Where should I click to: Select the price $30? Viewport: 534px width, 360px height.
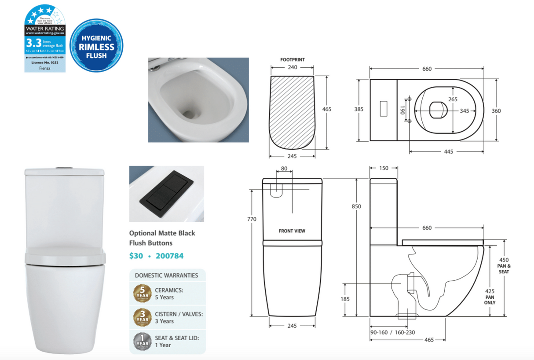tap(135, 256)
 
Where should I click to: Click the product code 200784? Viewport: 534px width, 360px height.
tap(169, 256)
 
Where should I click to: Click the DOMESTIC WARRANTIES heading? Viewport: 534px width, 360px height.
tap(166, 276)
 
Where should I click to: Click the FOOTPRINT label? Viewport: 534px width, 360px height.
tap(293, 59)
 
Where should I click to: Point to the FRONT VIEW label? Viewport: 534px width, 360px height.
tap(292, 231)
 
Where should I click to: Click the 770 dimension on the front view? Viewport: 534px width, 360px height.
tap(252, 219)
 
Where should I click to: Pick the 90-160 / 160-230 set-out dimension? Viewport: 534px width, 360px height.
tap(392, 332)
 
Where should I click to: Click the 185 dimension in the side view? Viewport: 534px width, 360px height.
tap(345, 299)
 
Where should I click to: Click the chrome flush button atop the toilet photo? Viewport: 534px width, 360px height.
tap(65, 167)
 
